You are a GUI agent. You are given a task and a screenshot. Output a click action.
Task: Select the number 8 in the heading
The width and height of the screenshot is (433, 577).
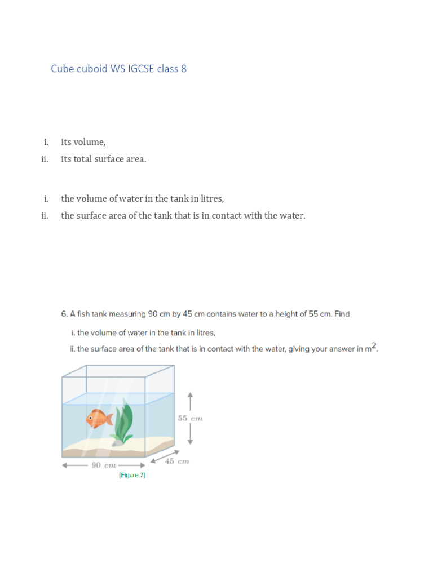click(183, 69)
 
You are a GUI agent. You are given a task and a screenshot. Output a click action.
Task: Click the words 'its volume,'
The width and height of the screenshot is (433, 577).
click(83, 142)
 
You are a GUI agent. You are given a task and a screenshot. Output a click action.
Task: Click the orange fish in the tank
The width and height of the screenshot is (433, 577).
click(99, 419)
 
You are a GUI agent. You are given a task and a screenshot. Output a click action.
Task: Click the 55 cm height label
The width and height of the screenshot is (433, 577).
click(190, 418)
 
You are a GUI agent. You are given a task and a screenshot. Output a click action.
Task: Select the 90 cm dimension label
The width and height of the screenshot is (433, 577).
click(104, 465)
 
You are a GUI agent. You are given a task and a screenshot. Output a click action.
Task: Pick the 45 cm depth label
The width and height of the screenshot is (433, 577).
click(176, 461)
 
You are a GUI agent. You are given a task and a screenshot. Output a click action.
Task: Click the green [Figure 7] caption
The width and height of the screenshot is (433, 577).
click(132, 476)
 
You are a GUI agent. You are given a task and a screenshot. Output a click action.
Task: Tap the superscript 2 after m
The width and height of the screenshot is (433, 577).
click(374, 345)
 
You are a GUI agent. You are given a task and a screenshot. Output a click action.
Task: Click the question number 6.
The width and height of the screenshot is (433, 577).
click(64, 314)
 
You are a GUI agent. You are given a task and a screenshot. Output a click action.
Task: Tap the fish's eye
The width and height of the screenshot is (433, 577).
click(90, 418)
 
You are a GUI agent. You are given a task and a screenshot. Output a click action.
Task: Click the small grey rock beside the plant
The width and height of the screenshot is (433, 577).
click(115, 443)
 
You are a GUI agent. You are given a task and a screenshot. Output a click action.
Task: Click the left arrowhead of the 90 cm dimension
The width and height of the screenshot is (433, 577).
click(64, 465)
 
